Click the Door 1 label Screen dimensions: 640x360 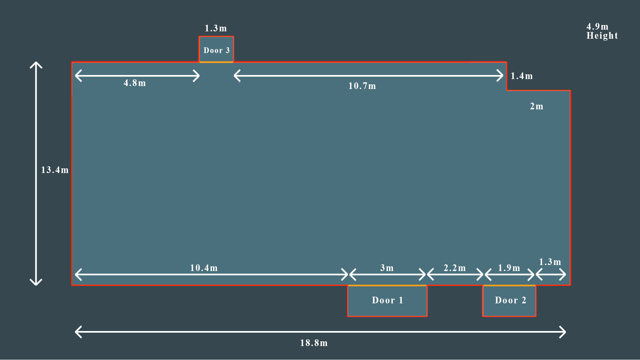point(387,300)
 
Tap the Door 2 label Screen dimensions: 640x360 point(510,300)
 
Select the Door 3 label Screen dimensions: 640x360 point(216,51)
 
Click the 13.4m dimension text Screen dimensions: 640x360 point(55,170)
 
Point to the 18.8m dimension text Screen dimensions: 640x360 point(314,343)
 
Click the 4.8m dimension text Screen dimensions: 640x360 point(135,83)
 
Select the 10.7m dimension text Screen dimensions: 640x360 point(362,86)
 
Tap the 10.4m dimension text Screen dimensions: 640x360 point(204,268)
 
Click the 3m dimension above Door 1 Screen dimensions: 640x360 point(387,268)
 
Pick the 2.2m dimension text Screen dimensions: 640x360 point(455,268)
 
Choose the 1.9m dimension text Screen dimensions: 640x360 point(509,268)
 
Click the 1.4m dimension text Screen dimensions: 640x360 point(522,76)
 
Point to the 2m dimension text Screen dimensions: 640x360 point(537,106)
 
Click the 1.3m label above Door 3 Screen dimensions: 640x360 point(216,28)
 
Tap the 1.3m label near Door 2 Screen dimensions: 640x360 point(550,262)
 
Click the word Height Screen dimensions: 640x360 point(602,36)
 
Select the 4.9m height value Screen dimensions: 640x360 point(597,27)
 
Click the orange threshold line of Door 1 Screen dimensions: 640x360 point(387,286)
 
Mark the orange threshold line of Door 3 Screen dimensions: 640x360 point(216,62)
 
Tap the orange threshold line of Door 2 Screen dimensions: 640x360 point(509,286)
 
